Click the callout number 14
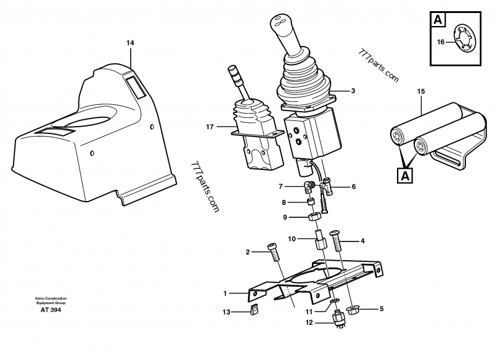(x=130, y=43)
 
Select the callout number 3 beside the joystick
(x=353, y=91)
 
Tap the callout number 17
(x=210, y=127)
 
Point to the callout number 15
(x=421, y=92)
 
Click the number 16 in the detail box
(x=440, y=43)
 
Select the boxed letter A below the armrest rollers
(x=405, y=175)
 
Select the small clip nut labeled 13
(x=253, y=311)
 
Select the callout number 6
(x=353, y=186)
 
